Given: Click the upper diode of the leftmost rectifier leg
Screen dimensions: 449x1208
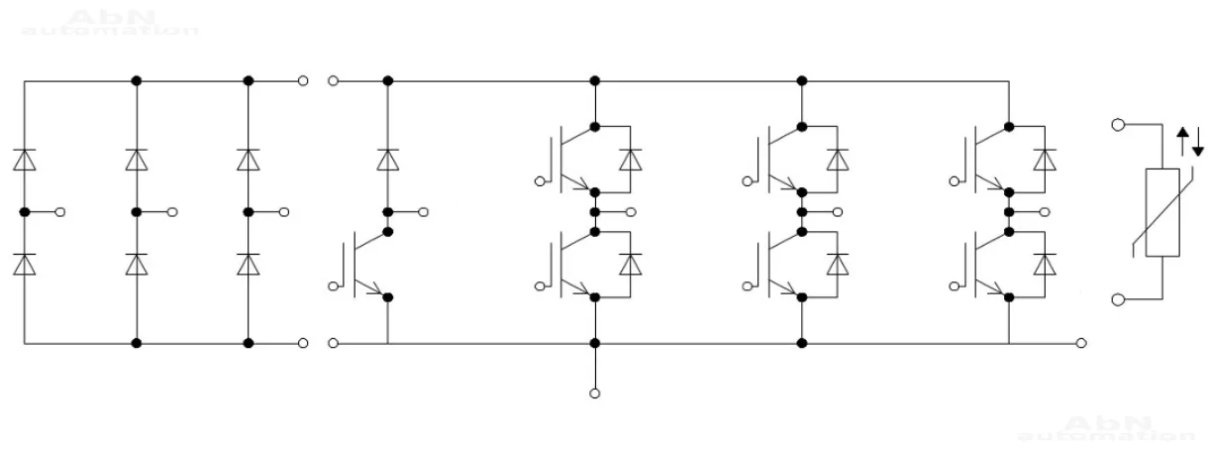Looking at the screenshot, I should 25,160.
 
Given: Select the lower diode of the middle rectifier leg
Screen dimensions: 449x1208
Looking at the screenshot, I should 137,264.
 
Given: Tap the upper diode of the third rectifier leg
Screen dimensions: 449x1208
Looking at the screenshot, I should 248,160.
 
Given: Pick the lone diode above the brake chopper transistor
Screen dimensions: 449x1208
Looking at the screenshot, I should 387,160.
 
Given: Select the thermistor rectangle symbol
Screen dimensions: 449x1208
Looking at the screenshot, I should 1161,213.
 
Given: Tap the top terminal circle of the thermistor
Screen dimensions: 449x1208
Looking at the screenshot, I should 1118,126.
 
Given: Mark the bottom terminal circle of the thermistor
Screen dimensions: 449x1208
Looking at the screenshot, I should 1118,299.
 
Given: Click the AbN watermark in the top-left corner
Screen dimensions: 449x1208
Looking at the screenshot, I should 109,22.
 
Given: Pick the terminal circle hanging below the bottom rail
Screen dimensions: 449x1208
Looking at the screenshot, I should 594,393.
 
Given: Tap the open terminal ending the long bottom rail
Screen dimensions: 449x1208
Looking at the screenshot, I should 1082,343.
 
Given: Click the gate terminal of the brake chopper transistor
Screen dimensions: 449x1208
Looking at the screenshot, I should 334,285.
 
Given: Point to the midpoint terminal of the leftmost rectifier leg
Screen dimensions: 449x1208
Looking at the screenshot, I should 61,212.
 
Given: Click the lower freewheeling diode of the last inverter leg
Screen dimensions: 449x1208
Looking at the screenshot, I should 1043,265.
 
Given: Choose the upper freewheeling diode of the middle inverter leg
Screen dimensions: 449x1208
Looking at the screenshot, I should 838,160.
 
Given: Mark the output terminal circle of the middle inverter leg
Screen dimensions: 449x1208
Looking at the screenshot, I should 838,212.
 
